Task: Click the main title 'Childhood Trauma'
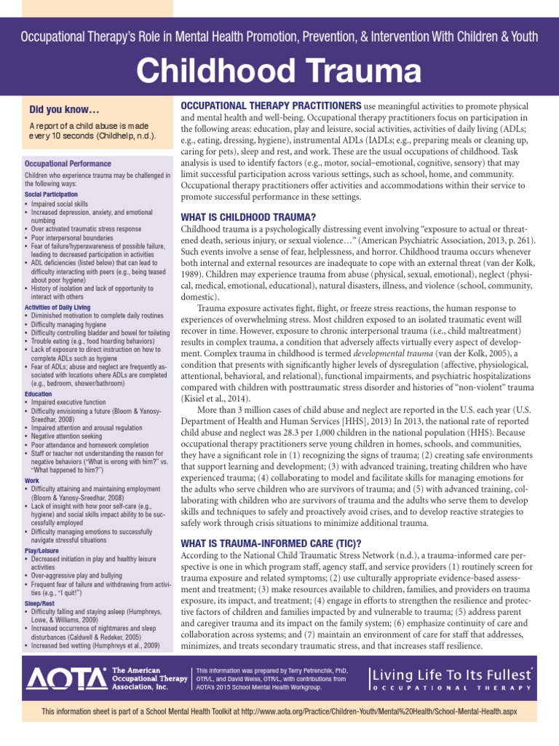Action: click(x=279, y=72)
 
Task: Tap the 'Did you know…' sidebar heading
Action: click(x=64, y=110)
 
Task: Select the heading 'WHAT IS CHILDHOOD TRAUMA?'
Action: click(x=247, y=217)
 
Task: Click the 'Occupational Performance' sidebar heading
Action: click(x=68, y=164)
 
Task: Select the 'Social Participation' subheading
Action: click(x=51, y=195)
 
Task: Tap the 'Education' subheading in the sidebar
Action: click(x=39, y=393)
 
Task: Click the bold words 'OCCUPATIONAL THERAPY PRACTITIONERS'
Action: click(x=271, y=106)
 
